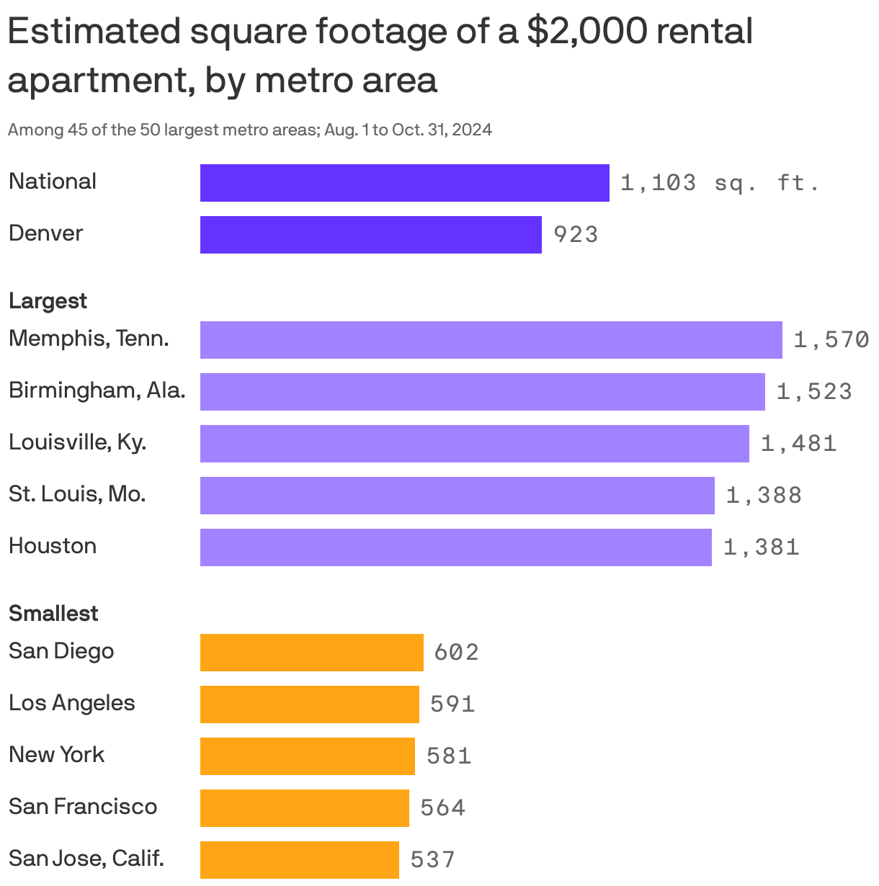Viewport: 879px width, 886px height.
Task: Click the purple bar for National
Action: (x=404, y=183)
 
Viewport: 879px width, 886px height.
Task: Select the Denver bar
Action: (x=370, y=235)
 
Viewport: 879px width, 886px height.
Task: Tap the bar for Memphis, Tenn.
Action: (x=491, y=340)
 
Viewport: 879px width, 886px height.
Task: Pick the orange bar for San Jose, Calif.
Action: (x=299, y=860)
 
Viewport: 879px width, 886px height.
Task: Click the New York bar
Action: (x=307, y=756)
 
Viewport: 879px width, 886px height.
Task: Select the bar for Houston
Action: (x=455, y=547)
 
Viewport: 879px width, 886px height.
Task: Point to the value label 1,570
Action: (x=831, y=340)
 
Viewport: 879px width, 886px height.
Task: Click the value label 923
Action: (x=576, y=235)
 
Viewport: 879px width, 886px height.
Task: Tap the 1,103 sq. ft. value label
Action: (x=720, y=183)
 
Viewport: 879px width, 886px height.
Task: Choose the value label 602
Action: (x=456, y=653)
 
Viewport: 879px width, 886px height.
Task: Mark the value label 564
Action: (x=442, y=808)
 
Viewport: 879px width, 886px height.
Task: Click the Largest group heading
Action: (x=48, y=301)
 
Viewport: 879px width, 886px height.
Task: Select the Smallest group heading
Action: (x=53, y=614)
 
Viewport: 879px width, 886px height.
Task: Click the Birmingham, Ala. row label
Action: (x=97, y=390)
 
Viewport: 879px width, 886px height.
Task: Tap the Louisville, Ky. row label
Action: (x=77, y=442)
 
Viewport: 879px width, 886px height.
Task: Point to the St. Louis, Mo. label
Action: (x=77, y=494)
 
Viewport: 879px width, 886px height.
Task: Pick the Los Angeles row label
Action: (x=71, y=703)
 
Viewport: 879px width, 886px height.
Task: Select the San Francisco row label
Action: (x=83, y=807)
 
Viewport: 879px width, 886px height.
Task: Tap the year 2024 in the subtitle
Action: (x=473, y=130)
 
